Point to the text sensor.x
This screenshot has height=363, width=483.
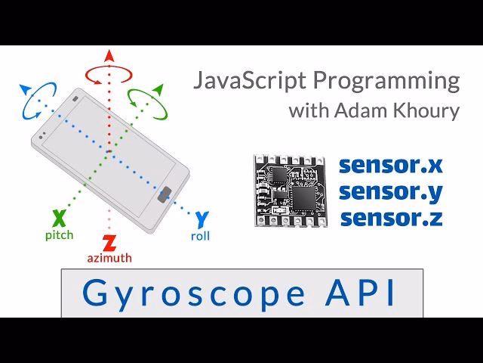tap(390, 166)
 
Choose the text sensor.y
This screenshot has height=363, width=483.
tap(390, 192)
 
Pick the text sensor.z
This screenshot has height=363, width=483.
tap(390, 219)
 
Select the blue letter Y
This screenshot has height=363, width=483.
tap(202, 219)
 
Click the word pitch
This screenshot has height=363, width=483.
tap(59, 235)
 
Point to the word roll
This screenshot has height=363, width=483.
tap(200, 236)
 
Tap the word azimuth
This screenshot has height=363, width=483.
tap(109, 258)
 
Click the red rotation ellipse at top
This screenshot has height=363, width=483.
tap(109, 73)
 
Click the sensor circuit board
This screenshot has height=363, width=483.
tap(290, 191)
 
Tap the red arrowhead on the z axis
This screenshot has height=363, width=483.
tap(109, 55)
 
